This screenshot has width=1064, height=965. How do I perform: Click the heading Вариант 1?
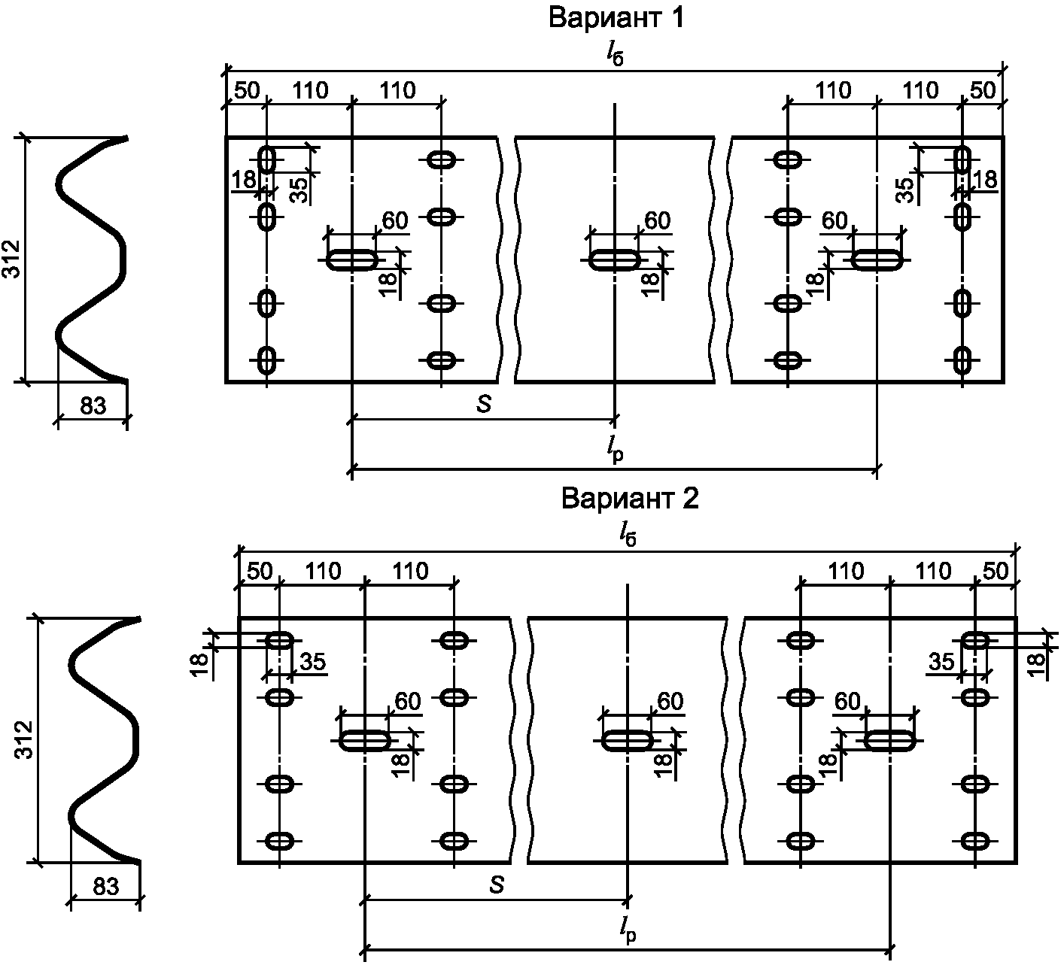tap(616, 17)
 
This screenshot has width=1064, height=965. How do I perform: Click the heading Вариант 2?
tap(630, 499)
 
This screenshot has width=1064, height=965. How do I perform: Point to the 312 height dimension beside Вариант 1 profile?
tap(12, 259)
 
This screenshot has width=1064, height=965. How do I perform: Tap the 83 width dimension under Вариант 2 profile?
tap(105, 886)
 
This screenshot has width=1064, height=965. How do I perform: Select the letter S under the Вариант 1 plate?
tap(484, 405)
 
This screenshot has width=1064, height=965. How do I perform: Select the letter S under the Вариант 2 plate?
tap(497, 885)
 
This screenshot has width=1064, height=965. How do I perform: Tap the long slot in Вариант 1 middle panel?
tap(614, 260)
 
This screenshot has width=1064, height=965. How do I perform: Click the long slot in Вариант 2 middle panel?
tap(628, 741)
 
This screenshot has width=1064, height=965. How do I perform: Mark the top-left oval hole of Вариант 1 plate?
tap(267, 159)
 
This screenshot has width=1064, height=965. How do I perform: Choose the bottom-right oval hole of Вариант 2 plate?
tap(975, 841)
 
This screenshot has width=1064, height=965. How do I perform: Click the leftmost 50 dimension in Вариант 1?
tap(247, 91)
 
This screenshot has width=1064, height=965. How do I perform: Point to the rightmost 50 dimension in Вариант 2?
tap(995, 571)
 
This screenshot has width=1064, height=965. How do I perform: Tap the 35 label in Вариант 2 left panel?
tap(312, 662)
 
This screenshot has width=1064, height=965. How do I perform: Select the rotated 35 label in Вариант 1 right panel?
tap(906, 190)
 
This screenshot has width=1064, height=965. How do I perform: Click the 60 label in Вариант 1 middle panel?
tap(658, 220)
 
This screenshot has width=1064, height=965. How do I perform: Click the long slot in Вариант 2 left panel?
tap(365, 741)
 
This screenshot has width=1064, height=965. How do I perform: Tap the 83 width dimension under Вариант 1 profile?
tap(93, 405)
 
